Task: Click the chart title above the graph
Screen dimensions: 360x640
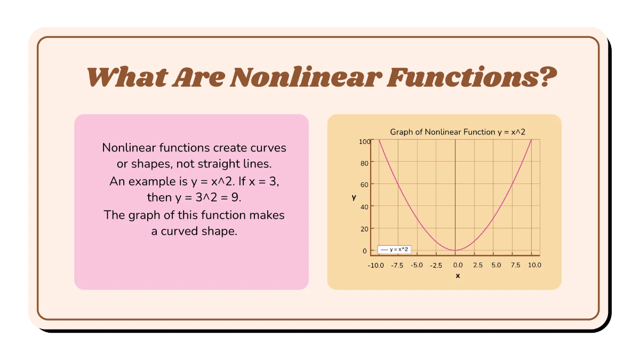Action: (458, 132)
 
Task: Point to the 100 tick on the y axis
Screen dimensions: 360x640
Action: (364, 141)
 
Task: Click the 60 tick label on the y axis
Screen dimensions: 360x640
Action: (364, 185)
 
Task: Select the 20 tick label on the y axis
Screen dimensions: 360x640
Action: (364, 229)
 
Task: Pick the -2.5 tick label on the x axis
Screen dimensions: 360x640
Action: (436, 265)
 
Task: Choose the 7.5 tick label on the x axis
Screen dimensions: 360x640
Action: (515, 265)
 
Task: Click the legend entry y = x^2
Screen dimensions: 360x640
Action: (395, 250)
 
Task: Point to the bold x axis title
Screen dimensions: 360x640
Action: (458, 276)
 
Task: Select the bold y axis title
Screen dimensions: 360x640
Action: (354, 197)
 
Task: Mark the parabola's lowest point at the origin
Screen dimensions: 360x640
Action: (455, 250)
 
